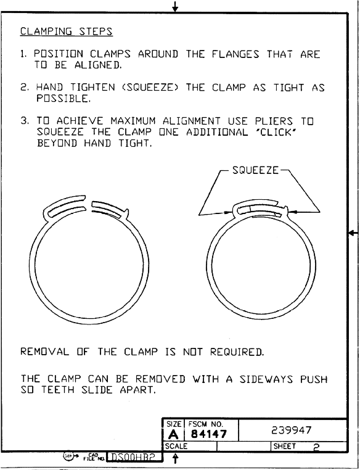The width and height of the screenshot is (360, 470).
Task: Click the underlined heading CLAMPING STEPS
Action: point(66,31)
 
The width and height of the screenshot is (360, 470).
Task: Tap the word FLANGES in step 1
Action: point(235,54)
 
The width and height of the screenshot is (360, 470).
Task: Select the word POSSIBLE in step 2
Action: point(63,98)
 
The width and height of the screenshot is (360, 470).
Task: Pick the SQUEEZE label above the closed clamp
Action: point(255,170)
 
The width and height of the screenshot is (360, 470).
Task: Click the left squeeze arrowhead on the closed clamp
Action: point(228,213)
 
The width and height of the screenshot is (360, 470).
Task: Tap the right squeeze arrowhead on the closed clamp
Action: point(293,212)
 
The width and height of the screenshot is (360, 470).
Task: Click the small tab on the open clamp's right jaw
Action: point(127,213)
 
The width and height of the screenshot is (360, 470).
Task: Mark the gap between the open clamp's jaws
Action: point(89,204)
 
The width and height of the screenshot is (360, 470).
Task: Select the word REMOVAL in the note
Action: point(44,352)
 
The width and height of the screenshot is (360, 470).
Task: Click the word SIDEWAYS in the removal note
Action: point(266,379)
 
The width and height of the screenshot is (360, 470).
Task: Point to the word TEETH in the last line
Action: point(58,390)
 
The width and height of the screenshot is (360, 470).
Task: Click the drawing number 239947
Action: point(292,431)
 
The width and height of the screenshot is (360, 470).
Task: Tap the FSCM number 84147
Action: point(209,434)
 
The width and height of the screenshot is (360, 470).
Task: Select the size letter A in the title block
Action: point(173,434)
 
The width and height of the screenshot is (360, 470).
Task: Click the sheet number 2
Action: point(317,448)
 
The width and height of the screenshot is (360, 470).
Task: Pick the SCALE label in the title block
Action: point(176,447)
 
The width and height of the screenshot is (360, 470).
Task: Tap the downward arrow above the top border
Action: point(175,6)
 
